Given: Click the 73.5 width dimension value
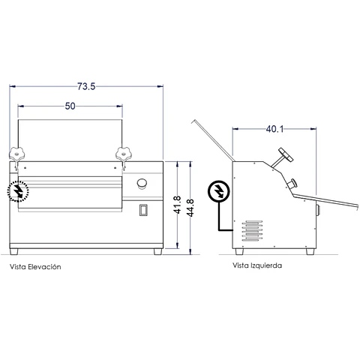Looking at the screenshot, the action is (86, 86).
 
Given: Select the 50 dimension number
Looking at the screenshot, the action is (70, 106).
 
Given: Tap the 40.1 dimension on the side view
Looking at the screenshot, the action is (274, 129).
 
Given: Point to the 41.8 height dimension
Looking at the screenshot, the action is (177, 205).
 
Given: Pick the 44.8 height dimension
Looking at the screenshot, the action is (190, 208).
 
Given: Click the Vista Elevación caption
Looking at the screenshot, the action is (35, 267).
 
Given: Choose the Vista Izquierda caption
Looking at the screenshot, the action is (257, 265).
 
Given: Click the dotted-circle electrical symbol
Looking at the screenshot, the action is (18, 191).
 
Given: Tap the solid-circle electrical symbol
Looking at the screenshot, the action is (218, 191).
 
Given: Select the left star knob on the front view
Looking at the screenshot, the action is (17, 154).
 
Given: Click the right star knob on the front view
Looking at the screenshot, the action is (123, 154).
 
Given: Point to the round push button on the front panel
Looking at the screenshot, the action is (142, 184).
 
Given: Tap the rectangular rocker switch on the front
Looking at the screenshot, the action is (143, 210).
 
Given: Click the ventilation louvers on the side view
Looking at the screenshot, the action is (252, 231).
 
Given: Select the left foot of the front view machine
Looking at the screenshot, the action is (14, 251).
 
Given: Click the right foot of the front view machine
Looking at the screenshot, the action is (158, 251).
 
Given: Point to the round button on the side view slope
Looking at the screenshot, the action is (292, 184).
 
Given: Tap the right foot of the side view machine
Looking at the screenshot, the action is (310, 251).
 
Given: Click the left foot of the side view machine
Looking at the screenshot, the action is (239, 251).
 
